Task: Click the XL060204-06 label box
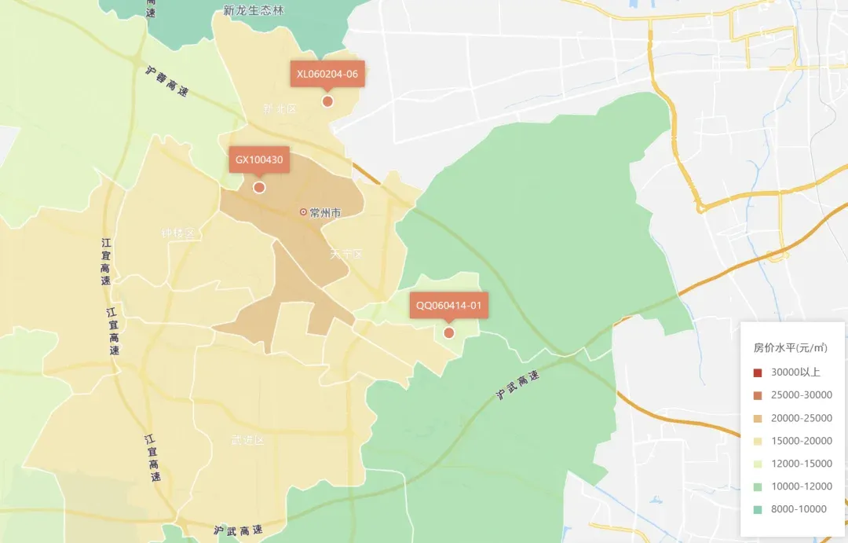tap(327, 74)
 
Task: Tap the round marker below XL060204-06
tap(327, 101)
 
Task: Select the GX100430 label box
tap(258, 160)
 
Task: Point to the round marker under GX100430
tap(259, 187)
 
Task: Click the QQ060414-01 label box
tap(448, 305)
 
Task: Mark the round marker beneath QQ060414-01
tap(448, 332)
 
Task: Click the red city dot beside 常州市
tap(303, 212)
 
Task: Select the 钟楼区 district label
tap(177, 233)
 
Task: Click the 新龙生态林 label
tap(253, 10)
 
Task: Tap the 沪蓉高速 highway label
tap(167, 79)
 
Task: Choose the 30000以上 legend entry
tap(795, 372)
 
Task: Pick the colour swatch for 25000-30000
tap(758, 395)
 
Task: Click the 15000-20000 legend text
tap(801, 441)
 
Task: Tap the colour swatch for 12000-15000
tap(758, 464)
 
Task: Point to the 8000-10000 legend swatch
tap(758, 509)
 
